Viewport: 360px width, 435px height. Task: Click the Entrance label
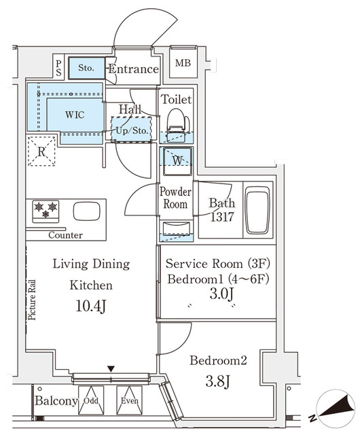point(134,69)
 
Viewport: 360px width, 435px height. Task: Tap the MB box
point(183,65)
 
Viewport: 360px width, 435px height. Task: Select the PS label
point(59,68)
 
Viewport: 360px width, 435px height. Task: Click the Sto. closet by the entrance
point(86,69)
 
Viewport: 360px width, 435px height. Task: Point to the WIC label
point(75,115)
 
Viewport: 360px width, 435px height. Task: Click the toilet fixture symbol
point(176,122)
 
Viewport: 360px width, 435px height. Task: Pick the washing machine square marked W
point(177,161)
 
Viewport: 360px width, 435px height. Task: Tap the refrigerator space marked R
point(41,152)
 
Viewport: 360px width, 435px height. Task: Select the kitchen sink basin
point(86,211)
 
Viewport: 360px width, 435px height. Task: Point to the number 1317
point(221,217)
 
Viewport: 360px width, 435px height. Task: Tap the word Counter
point(65,235)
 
